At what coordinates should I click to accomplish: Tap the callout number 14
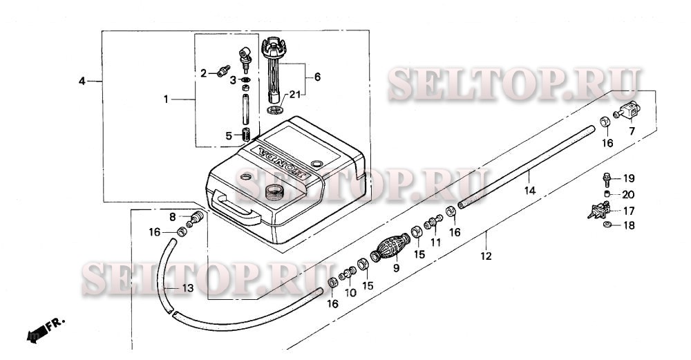530,190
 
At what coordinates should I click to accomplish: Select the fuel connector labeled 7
627,111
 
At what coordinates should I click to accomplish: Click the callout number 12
486,256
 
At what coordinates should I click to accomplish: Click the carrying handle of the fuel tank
236,207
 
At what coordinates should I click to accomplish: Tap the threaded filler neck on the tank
274,192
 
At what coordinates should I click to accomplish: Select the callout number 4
82,82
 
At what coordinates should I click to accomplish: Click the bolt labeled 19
607,179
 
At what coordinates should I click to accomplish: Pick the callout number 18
629,226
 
